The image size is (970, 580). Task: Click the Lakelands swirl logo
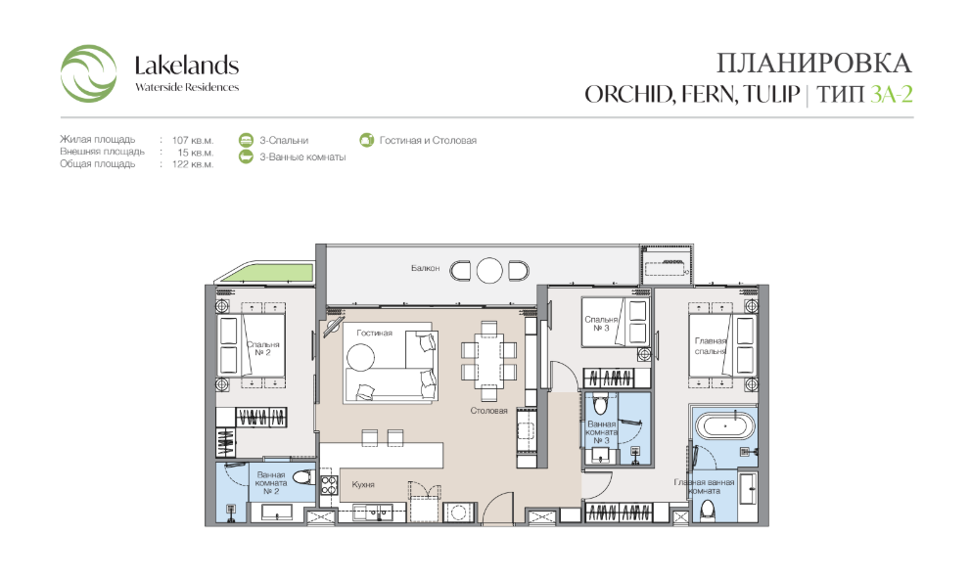pyautogui.click(x=88, y=73)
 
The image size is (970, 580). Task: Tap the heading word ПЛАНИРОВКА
pyautogui.click(x=814, y=64)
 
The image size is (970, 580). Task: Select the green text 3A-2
pyautogui.click(x=892, y=94)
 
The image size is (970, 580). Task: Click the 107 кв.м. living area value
pyautogui.click(x=193, y=141)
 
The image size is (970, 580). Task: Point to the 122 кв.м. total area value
pyautogui.click(x=193, y=164)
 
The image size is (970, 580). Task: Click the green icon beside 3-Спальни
pyautogui.click(x=247, y=141)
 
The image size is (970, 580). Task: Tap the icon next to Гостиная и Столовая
pyautogui.click(x=367, y=141)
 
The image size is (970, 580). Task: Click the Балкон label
pyautogui.click(x=426, y=268)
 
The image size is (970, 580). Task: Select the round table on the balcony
pyautogui.click(x=489, y=270)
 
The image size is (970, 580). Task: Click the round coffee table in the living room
pyautogui.click(x=360, y=357)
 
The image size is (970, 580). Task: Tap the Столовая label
pyautogui.click(x=488, y=411)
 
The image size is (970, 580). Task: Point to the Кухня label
pyautogui.click(x=363, y=484)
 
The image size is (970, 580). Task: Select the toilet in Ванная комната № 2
pyautogui.click(x=303, y=477)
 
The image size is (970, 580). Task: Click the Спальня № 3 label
pyautogui.click(x=601, y=324)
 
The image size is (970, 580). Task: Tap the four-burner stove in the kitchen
pyautogui.click(x=329, y=485)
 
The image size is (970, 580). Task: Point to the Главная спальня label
pyautogui.click(x=711, y=345)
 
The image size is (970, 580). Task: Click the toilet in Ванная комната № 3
pyautogui.click(x=599, y=404)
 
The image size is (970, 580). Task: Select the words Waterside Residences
pyautogui.click(x=187, y=87)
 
